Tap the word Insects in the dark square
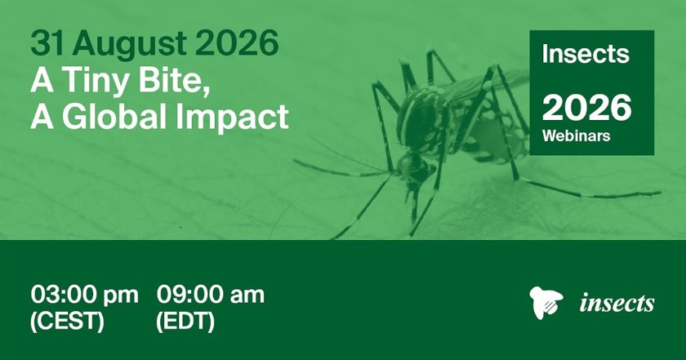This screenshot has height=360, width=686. coord(586,53)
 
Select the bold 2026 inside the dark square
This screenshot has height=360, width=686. coord(586,109)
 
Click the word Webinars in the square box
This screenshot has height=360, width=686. coord(576,136)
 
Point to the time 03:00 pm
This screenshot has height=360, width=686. coord(84,296)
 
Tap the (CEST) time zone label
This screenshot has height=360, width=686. coord(67,322)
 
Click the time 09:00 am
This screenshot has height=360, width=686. coord(211,295)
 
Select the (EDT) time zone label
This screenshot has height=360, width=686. coord(185,322)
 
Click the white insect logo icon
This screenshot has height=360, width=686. coord(546,302)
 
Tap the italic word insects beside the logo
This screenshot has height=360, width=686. coord(617,303)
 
